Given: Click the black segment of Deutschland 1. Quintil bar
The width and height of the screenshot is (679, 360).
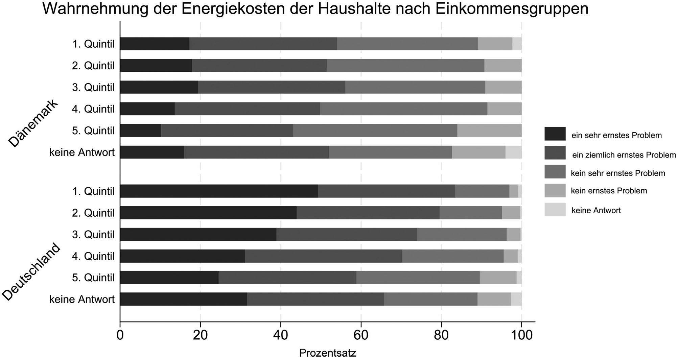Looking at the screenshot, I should click(x=219, y=191).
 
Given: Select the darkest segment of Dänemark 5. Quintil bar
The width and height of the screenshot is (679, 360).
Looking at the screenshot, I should click(x=140, y=130).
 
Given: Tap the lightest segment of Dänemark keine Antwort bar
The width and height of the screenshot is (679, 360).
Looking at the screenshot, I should click(x=513, y=152).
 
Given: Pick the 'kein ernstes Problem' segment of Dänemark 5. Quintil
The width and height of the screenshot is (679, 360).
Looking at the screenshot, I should click(x=489, y=130).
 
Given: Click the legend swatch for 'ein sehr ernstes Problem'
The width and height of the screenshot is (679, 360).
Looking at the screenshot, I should click(x=555, y=134).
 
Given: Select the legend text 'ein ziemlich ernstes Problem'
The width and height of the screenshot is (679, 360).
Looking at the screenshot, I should click(x=624, y=155).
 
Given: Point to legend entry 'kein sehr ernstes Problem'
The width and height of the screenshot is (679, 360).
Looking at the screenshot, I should click(x=618, y=173).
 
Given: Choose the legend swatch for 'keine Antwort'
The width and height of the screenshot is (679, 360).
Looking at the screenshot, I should click(x=555, y=210).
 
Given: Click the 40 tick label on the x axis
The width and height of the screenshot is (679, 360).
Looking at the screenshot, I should click(x=280, y=335).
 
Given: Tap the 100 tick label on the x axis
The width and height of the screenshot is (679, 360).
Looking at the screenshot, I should click(x=521, y=335).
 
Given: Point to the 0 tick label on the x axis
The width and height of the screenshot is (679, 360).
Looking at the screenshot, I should click(x=120, y=335).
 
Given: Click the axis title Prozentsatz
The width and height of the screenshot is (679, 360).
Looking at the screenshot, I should click(x=327, y=353).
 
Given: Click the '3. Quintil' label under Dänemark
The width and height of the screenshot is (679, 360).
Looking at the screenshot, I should click(x=93, y=87).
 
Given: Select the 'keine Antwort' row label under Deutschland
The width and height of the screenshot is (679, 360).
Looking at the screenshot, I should click(x=82, y=299).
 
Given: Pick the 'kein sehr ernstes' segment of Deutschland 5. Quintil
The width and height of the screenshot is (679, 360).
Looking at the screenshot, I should click(x=418, y=278).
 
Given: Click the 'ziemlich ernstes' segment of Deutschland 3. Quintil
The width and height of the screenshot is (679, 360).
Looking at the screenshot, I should click(x=347, y=234).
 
